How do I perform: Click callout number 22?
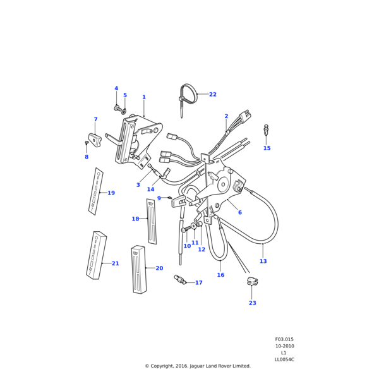(213, 95)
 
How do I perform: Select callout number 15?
(267, 148)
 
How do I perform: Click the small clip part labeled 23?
(252, 281)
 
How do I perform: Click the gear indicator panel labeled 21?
(96, 255)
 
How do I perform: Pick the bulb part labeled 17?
(181, 280)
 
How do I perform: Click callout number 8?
(87, 157)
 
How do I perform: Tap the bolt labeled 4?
(117, 108)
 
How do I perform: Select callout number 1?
(144, 97)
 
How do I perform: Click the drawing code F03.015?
(284, 339)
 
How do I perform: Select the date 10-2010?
(284, 346)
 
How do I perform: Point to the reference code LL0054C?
(284, 359)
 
